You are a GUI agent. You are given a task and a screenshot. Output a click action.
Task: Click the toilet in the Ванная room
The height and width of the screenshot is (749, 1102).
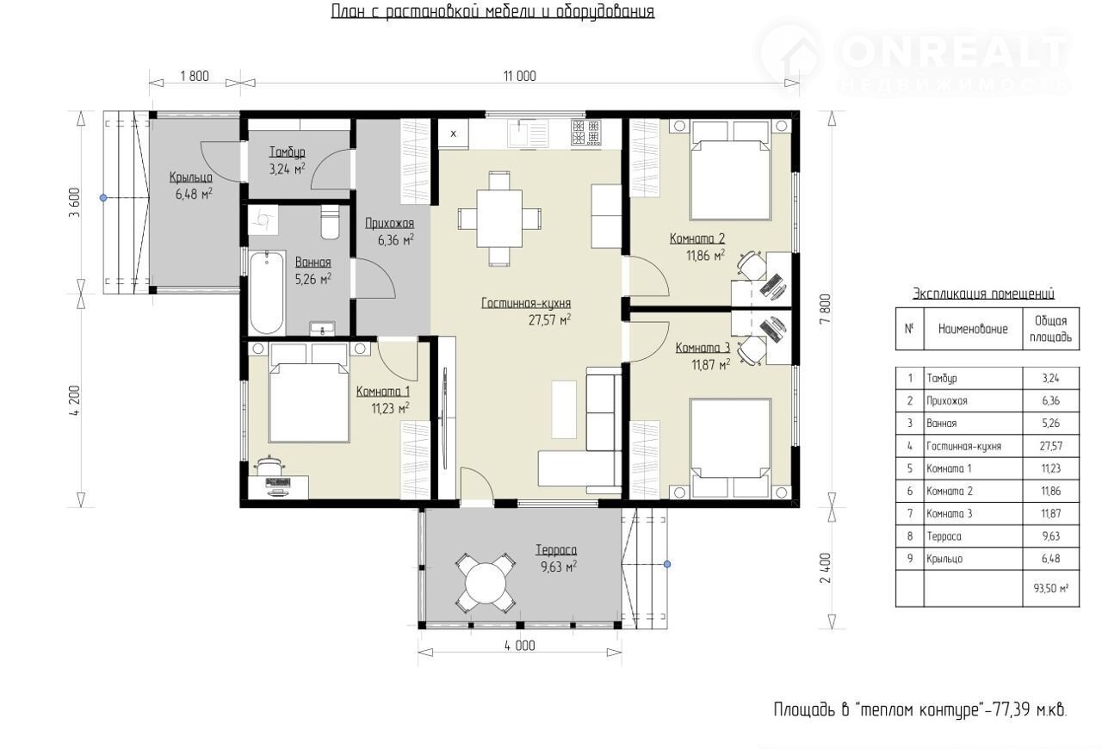330,222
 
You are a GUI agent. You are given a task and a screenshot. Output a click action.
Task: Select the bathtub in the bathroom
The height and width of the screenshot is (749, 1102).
267,294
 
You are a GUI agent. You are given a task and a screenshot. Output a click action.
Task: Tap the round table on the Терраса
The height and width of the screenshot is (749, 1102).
486,583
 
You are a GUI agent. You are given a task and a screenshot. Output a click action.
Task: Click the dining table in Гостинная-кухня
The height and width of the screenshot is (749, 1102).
499,219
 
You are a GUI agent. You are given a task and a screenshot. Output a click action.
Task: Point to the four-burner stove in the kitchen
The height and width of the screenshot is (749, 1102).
586,132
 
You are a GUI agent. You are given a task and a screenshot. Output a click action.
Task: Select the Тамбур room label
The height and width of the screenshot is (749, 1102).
288,152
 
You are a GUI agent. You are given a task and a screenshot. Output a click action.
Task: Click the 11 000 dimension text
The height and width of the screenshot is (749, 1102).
519,77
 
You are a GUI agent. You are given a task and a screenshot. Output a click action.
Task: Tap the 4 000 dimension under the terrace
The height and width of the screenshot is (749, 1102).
519,646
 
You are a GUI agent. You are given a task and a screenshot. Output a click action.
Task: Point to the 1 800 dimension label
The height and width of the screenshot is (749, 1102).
195,77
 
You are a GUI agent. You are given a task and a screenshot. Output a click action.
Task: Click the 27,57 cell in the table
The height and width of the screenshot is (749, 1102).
1051,446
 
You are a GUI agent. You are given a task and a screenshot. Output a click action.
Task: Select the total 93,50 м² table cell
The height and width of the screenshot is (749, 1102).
1051,588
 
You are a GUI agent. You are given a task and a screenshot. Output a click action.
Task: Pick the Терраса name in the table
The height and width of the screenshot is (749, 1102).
944,536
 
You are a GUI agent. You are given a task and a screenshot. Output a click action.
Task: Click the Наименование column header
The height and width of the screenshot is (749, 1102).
973,329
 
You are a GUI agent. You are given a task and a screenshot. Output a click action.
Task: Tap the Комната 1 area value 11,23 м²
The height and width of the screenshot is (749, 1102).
391,408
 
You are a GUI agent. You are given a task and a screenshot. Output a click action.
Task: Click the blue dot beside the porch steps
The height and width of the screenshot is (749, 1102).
103,198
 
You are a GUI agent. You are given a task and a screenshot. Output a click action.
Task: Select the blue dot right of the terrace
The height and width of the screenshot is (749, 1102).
667,564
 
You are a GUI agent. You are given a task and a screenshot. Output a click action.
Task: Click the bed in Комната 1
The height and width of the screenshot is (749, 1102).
308,393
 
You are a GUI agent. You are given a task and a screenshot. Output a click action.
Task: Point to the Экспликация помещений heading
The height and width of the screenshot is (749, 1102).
983,294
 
